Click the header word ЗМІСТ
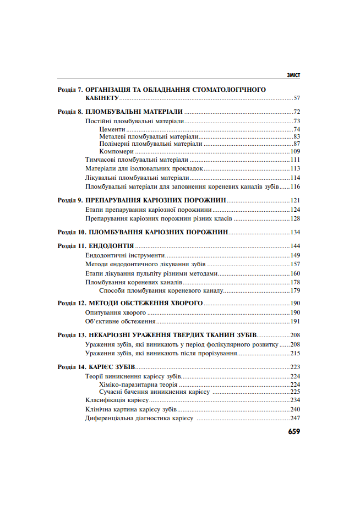[x=293, y=75]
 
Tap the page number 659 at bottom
[x=293, y=432]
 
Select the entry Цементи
[x=112, y=129]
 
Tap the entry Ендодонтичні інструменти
[x=125, y=255]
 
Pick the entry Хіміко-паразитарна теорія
[x=138, y=384]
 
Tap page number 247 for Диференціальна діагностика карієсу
[x=294, y=419]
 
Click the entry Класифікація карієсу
[x=114, y=400]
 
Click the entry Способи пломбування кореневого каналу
[x=161, y=290]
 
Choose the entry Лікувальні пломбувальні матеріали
[x=138, y=178]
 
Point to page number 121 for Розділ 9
[x=294, y=200]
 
